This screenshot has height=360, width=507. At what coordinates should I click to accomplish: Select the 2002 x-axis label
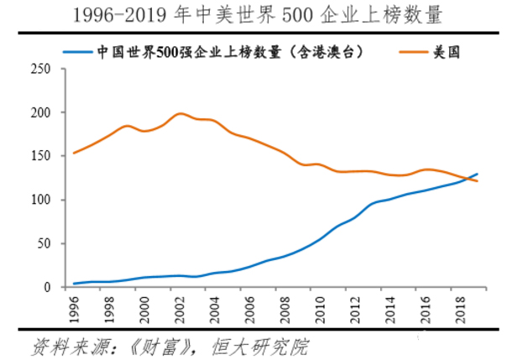click(x=180, y=308)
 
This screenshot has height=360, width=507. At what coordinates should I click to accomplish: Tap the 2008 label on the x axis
click(x=285, y=308)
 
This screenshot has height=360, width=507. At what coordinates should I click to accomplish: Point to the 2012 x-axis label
click(x=356, y=308)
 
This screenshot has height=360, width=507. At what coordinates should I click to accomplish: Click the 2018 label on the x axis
click(x=461, y=308)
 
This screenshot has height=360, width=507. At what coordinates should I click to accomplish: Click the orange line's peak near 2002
click(x=180, y=113)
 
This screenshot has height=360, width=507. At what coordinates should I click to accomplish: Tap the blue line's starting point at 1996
click(x=75, y=284)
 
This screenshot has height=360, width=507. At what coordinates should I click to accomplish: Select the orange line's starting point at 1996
click(x=75, y=153)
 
